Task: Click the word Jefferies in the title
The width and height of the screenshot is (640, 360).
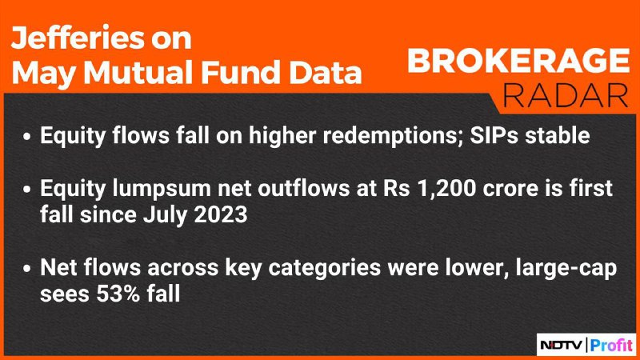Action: pos(78,38)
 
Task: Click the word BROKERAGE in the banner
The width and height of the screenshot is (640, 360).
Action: pos(518,61)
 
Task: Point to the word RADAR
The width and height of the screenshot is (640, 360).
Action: pos(566,95)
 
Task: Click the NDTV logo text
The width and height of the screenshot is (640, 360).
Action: pos(562,346)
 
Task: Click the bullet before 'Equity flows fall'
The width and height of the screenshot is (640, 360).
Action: pos(27,137)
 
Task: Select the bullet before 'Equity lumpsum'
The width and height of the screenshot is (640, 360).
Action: pos(27,190)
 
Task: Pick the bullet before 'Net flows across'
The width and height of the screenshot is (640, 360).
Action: pos(27,269)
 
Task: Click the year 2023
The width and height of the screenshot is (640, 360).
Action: pos(221,214)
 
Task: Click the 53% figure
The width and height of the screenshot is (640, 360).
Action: pos(118,294)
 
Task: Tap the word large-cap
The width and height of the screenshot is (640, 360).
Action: pos(566,269)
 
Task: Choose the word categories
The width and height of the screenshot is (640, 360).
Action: pos(324,269)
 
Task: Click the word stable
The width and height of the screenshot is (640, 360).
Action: pos(557,135)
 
